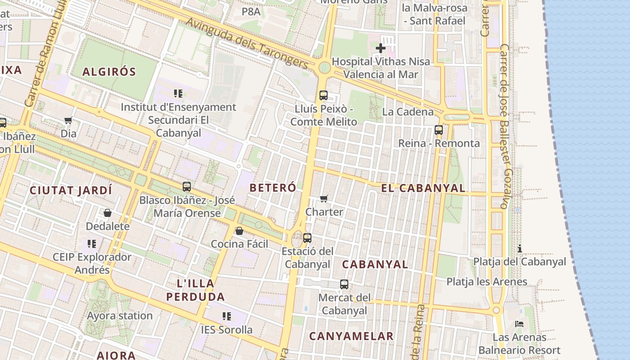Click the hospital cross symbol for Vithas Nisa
pyautogui.click(x=381, y=48)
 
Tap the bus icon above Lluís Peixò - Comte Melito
pyautogui.click(x=324, y=95)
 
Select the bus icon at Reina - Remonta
pyautogui.click(x=438, y=130)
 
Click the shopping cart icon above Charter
pyautogui.click(x=324, y=198)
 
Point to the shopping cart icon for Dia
pyautogui.click(x=68, y=120)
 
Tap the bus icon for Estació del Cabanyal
pyautogui.click(x=307, y=238)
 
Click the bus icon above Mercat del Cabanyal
pyautogui.click(x=344, y=284)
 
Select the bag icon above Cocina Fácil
pyautogui.click(x=239, y=231)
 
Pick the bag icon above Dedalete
pyautogui.click(x=108, y=213)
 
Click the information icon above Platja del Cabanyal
pyautogui.click(x=520, y=248)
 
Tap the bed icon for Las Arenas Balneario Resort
pyautogui.click(x=519, y=324)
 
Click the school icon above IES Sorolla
pyautogui.click(x=227, y=316)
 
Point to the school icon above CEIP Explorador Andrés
pyautogui.click(x=92, y=244)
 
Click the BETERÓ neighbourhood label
pyautogui.click(x=273, y=188)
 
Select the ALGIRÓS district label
pyautogui.click(x=109, y=72)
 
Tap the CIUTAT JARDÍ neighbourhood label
pyautogui.click(x=71, y=190)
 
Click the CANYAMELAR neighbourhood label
pyautogui.click(x=351, y=336)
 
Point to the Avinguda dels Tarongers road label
pyautogui.click(x=247, y=44)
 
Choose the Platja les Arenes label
pyautogui.click(x=486, y=282)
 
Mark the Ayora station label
pyautogui.click(x=120, y=315)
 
